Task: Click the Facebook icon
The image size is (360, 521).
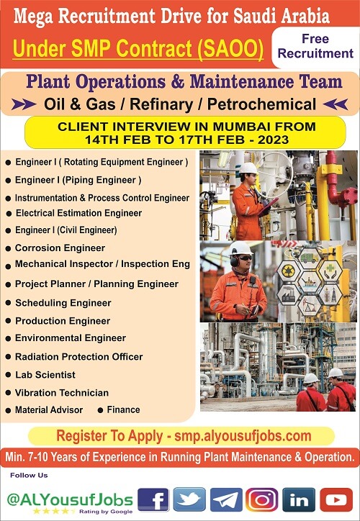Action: (153, 499)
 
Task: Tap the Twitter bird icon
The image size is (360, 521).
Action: (189, 499)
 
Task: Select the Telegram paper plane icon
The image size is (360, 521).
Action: (226, 499)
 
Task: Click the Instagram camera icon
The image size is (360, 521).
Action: (262, 499)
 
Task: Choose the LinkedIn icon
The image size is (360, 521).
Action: (299, 499)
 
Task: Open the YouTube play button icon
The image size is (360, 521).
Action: (336, 499)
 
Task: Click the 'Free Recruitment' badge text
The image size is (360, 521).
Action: (315, 46)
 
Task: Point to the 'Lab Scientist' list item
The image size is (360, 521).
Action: (45, 375)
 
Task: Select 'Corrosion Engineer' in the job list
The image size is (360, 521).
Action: (60, 248)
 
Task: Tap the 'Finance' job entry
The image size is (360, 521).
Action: (123, 409)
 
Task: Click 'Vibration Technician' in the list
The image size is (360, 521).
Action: (62, 393)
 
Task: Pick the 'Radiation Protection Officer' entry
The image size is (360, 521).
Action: (78, 356)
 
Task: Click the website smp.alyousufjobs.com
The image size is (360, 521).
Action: (243, 436)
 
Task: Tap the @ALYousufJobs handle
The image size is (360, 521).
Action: (70, 500)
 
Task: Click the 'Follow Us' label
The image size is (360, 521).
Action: (29, 475)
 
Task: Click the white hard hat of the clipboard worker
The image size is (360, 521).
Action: (248, 168)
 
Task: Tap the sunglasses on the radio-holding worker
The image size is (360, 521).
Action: (246, 258)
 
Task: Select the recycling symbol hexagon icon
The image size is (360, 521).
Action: (288, 271)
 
